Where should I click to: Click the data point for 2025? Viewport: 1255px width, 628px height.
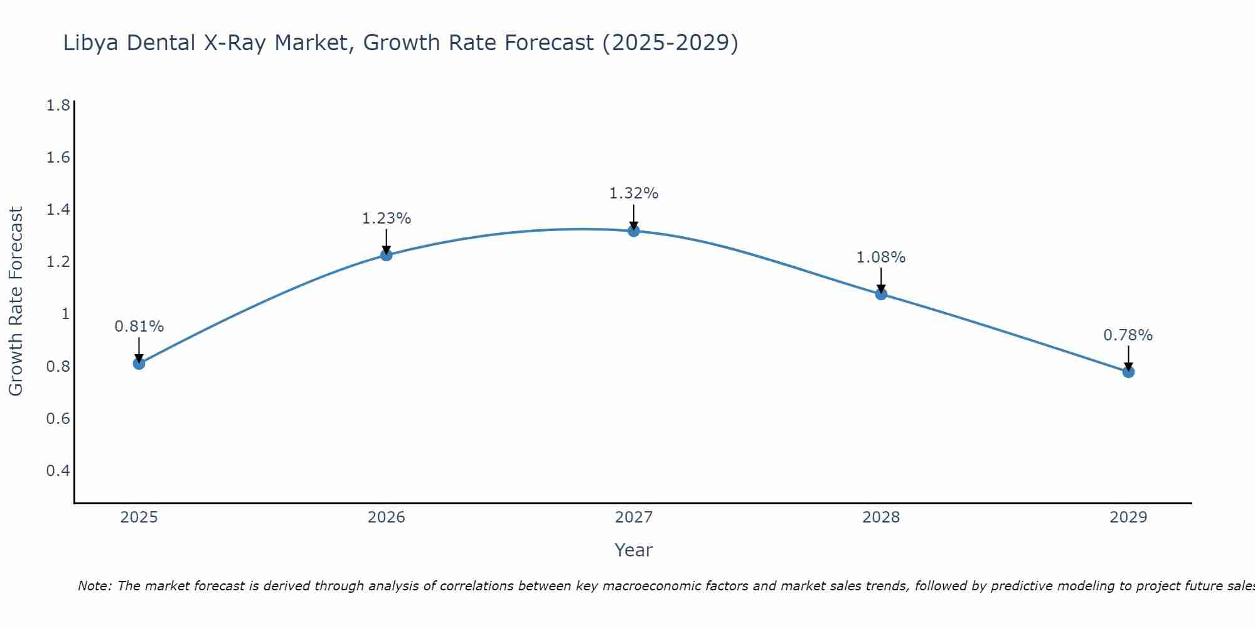(x=139, y=364)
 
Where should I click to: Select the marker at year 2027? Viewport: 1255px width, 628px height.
(x=634, y=231)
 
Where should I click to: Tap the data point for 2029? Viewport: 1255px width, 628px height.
(x=1128, y=372)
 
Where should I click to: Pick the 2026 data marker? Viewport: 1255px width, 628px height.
(x=387, y=255)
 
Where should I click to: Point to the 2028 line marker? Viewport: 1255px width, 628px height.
(x=881, y=294)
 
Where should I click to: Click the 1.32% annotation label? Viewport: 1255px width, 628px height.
(x=634, y=193)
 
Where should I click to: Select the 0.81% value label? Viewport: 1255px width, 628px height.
(x=139, y=327)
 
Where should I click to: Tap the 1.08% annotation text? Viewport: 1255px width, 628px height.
(x=881, y=257)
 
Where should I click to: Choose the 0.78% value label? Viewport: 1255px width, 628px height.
(x=1128, y=335)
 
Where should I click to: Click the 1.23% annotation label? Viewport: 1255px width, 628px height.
(x=387, y=219)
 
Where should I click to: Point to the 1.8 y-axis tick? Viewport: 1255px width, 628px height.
(x=58, y=105)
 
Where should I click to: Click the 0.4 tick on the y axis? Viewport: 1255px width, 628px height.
(x=58, y=470)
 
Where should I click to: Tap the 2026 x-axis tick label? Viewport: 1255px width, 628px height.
(x=387, y=517)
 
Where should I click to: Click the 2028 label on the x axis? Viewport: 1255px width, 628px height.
(x=881, y=517)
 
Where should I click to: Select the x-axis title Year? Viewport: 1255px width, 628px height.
(x=634, y=550)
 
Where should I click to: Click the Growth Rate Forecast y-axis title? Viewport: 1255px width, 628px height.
(x=16, y=301)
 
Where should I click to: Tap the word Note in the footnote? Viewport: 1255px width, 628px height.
(x=94, y=586)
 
